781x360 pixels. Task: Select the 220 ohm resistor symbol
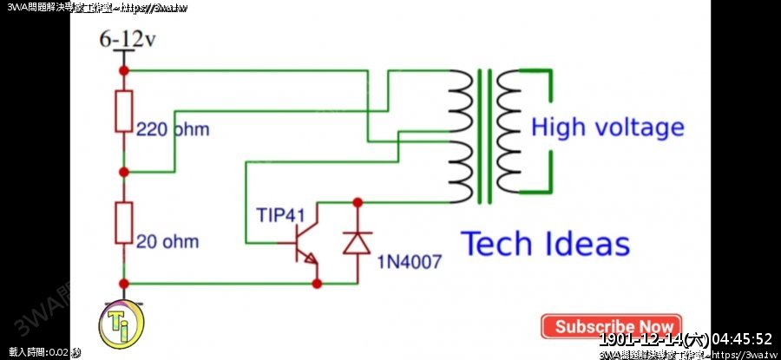click(x=124, y=111)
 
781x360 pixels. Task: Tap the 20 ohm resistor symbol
click(x=124, y=223)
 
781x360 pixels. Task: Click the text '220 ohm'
click(x=173, y=129)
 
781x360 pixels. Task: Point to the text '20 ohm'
click(x=167, y=241)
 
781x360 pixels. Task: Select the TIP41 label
click(x=279, y=214)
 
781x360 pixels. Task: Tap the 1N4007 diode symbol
click(x=357, y=242)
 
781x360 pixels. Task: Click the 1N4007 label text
click(x=409, y=260)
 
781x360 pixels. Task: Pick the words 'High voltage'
click(x=607, y=128)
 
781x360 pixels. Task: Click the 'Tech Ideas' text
click(x=545, y=244)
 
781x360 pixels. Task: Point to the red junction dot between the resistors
click(x=124, y=172)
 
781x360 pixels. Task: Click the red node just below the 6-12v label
click(x=124, y=69)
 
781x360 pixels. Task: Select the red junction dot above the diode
click(x=357, y=203)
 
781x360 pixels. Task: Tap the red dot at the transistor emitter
click(x=317, y=283)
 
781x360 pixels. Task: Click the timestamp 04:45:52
click(x=737, y=338)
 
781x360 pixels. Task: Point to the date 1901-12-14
click(x=641, y=338)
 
